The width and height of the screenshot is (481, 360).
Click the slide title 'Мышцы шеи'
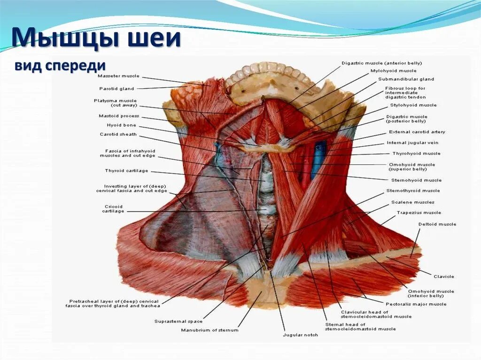96,38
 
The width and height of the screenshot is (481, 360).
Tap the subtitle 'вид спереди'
59,66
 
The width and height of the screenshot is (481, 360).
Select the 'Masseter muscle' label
118,76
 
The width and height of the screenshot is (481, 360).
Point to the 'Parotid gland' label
116,89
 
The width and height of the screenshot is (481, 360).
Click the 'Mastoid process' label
119,116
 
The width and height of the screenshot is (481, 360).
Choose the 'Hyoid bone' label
121,125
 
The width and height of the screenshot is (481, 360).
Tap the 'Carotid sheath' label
118,134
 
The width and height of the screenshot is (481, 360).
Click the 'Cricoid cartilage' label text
113,209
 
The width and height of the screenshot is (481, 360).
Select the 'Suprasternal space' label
178,322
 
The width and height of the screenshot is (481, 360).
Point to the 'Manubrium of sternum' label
209,330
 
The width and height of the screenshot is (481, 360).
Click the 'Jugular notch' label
300,335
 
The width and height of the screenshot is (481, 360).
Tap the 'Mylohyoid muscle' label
393,71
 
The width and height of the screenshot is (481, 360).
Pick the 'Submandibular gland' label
406,79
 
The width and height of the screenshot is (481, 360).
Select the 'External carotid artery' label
417,132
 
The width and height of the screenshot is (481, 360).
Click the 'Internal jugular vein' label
412,143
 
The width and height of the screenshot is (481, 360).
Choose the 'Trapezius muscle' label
419,213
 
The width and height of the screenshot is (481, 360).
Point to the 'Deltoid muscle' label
437,224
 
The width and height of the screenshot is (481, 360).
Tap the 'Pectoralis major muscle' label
416,304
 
